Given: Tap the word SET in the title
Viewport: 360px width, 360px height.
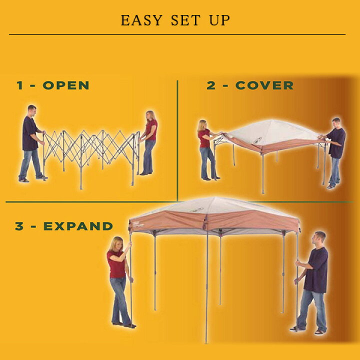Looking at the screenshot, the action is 185,20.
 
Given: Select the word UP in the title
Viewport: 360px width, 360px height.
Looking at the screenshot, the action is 219,20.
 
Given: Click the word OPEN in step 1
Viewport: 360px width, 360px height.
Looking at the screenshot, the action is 66,85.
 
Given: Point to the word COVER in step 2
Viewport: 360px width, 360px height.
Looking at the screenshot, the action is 264,85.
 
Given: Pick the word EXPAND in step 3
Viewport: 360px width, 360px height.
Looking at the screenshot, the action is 78,226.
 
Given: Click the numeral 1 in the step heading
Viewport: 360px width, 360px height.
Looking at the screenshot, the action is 19,85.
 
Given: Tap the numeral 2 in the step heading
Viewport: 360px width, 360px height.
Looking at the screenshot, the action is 211,85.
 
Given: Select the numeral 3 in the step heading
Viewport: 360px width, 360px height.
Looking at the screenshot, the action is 19,226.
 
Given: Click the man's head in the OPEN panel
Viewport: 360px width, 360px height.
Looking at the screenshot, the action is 31,110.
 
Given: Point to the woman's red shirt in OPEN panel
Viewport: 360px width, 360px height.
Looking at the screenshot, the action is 151,129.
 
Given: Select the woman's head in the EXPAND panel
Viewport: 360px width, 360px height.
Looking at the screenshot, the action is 116,244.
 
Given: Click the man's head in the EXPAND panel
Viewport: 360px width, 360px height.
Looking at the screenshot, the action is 319,239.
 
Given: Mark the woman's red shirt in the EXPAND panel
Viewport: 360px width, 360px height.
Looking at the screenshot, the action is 116,264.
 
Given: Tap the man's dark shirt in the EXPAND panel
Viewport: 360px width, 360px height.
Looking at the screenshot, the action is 316,270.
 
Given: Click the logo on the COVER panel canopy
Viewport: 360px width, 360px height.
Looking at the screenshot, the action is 257,140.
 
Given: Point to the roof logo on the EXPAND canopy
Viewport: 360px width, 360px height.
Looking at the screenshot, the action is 196,209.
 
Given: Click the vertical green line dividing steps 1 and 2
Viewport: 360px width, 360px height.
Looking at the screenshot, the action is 177,140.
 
